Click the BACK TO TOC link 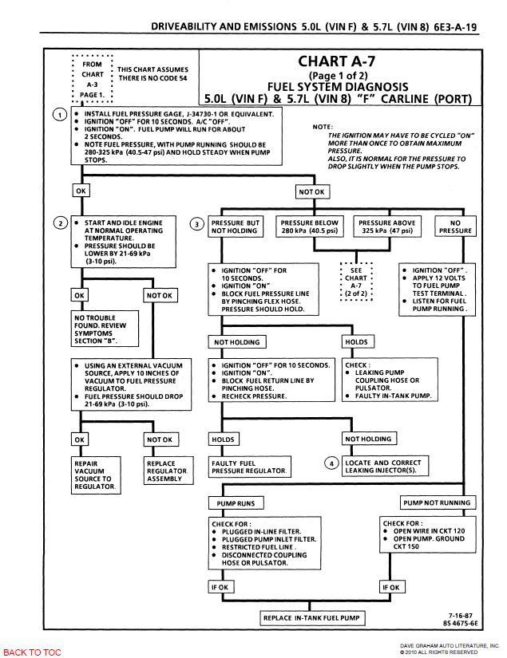pos(32,652)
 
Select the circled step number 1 pos(60,114)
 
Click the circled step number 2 pos(60,223)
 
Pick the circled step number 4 pos(331,463)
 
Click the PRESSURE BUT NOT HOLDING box pos(236,227)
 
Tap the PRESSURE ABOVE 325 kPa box pos(386,227)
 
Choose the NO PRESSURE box pos(455,227)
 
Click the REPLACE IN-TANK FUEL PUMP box pos(311,618)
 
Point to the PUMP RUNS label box pos(236,503)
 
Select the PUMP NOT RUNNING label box pos(436,503)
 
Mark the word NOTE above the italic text pos(322,126)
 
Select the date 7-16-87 pos(461,615)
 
